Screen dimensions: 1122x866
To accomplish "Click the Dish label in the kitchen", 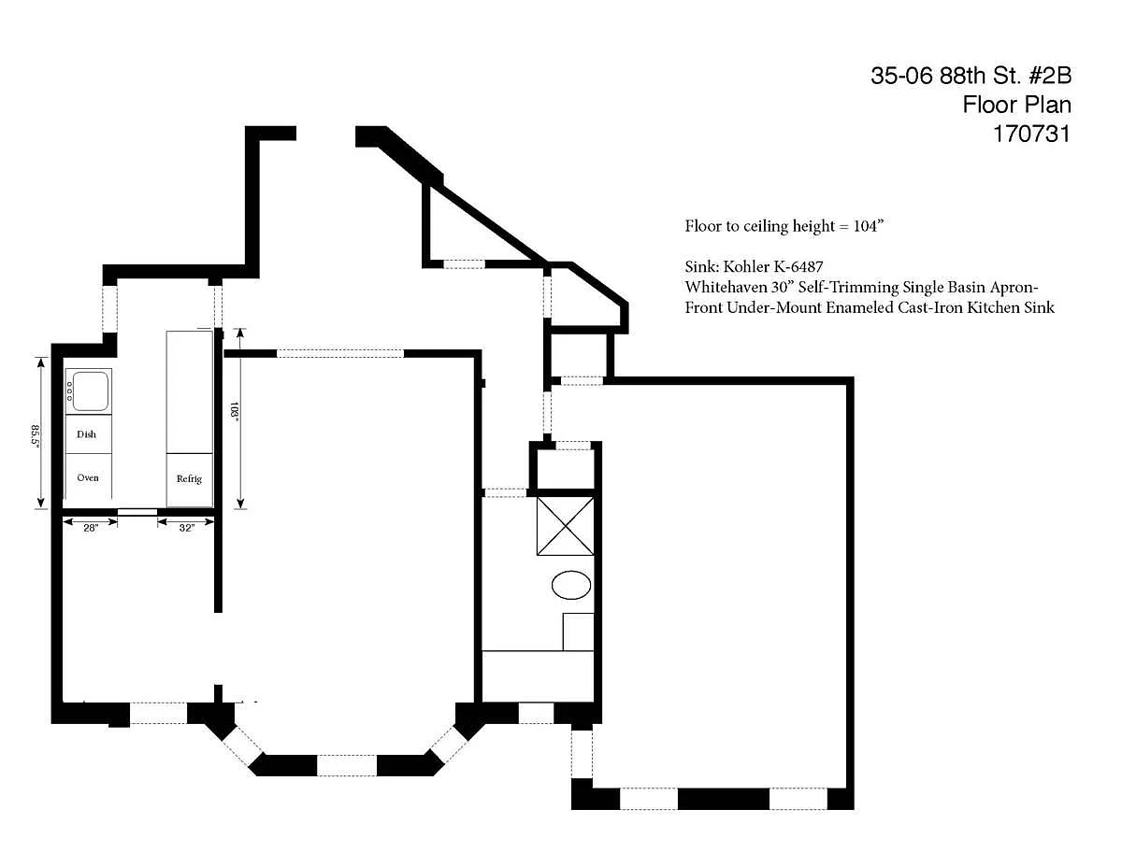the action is point(86,434).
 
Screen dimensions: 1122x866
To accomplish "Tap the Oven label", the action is point(88,477).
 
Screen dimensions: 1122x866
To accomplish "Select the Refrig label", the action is point(189,478).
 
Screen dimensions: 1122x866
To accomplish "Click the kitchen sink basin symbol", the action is point(91,391).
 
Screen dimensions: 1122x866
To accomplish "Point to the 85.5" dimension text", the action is point(35,435).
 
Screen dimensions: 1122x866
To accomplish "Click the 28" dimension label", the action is point(91,528).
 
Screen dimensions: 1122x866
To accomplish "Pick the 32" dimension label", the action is point(186,528).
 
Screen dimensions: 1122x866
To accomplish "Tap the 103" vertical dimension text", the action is point(234,412).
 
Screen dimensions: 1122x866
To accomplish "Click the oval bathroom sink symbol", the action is point(571,585).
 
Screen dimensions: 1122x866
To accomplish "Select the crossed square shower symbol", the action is point(566,526).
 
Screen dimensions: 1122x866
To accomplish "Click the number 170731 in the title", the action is point(1032,135).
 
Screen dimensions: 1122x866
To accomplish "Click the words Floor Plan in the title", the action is point(1016,105).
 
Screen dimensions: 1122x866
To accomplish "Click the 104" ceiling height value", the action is point(869,226).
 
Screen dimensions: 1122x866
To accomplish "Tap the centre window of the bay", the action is point(347,765).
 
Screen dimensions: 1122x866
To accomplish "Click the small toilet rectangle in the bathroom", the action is point(578,632).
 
